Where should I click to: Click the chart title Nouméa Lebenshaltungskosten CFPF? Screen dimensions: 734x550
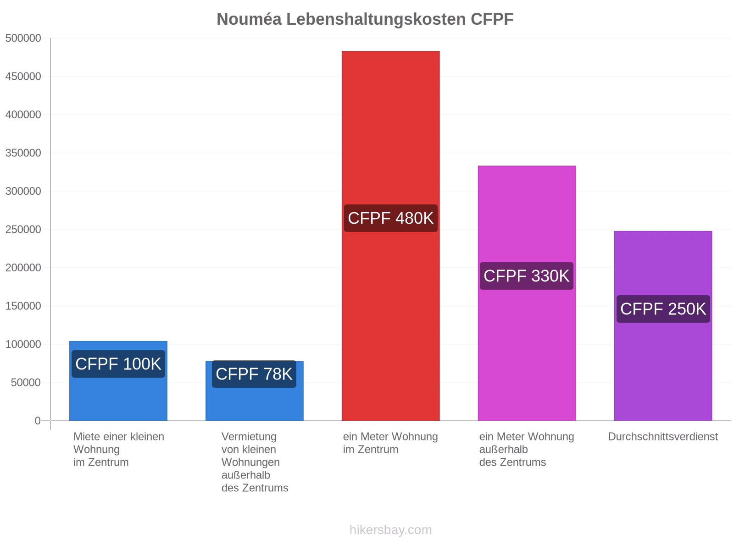click(365, 19)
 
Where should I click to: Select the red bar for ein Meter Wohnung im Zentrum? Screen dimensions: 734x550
click(390, 236)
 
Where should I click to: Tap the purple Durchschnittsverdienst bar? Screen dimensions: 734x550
click(663, 325)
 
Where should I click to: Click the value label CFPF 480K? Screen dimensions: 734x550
click(390, 218)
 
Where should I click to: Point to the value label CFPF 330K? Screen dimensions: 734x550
click(526, 276)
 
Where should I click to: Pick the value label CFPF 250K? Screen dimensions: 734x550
click(663, 309)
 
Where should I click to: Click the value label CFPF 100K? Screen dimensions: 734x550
click(118, 364)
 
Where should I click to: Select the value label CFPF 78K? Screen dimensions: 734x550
click(254, 374)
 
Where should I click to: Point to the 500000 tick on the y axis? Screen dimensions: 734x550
click(23, 38)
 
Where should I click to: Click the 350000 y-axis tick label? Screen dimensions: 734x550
click(23, 153)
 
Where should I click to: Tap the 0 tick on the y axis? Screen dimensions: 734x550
click(38, 421)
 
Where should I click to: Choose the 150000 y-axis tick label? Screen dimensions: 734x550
click(23, 306)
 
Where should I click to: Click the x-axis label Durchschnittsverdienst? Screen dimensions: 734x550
click(663, 436)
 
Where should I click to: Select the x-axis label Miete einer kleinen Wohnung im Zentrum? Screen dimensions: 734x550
click(119, 450)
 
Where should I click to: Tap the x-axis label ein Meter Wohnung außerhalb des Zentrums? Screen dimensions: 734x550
click(526, 450)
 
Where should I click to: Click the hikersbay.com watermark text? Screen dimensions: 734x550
click(390, 530)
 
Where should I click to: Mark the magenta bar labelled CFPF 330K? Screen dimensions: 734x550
click(527, 293)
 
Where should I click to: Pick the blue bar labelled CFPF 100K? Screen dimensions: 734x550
click(118, 381)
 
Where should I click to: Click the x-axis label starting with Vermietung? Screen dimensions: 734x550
click(255, 462)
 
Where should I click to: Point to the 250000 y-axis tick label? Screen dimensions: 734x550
click(23, 230)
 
